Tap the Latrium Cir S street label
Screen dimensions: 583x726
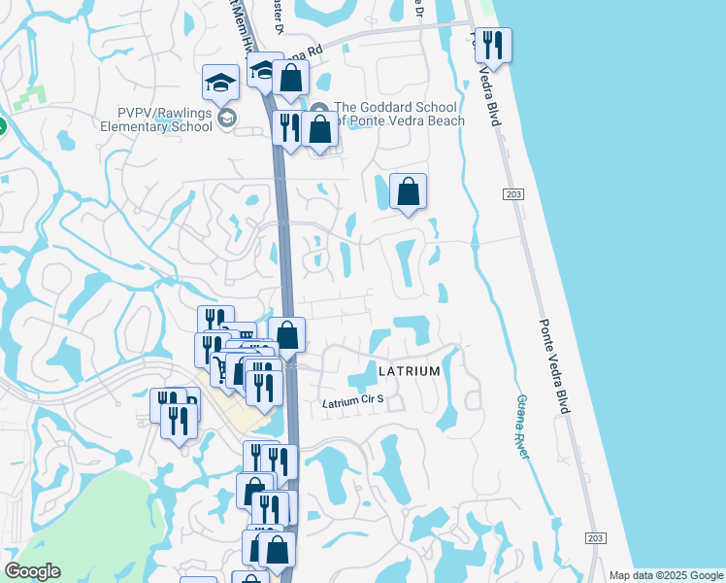point(353,403)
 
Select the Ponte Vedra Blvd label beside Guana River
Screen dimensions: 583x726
point(551,366)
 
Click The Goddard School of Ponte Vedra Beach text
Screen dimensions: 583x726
point(399,114)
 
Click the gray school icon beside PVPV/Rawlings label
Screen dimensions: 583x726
point(227,119)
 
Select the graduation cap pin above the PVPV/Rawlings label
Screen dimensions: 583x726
point(221,84)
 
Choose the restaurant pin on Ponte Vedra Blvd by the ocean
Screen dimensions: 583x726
point(493,47)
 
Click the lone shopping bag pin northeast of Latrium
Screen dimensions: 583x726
point(409,191)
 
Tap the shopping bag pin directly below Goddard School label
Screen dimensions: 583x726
point(319,130)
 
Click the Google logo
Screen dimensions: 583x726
point(32,571)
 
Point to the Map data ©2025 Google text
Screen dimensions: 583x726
point(666,575)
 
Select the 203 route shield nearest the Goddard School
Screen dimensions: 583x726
point(513,195)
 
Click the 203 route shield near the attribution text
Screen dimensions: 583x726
point(596,538)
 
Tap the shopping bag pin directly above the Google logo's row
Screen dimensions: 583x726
point(277,549)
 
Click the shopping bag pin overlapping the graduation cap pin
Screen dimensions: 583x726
point(290,78)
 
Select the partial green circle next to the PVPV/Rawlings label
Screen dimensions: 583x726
point(2,126)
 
